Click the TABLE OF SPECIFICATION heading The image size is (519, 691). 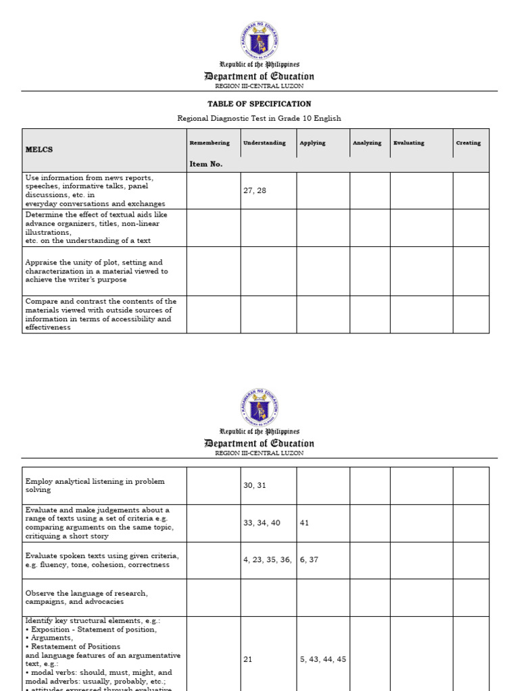click(x=259, y=104)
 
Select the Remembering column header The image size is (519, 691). click(x=209, y=143)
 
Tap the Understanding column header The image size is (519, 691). click(x=264, y=143)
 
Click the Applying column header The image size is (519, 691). click(x=312, y=143)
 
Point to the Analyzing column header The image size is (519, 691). click(x=367, y=143)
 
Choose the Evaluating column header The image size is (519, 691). click(x=409, y=143)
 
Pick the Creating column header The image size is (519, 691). click(x=468, y=143)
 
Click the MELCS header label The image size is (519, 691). click(x=39, y=149)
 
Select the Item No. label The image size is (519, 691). click(x=206, y=164)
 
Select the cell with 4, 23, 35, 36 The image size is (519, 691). click(x=268, y=559)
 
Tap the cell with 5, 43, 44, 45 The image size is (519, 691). click(x=322, y=659)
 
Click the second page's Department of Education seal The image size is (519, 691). click(x=259, y=407)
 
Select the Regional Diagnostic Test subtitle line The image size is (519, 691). click(x=259, y=119)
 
